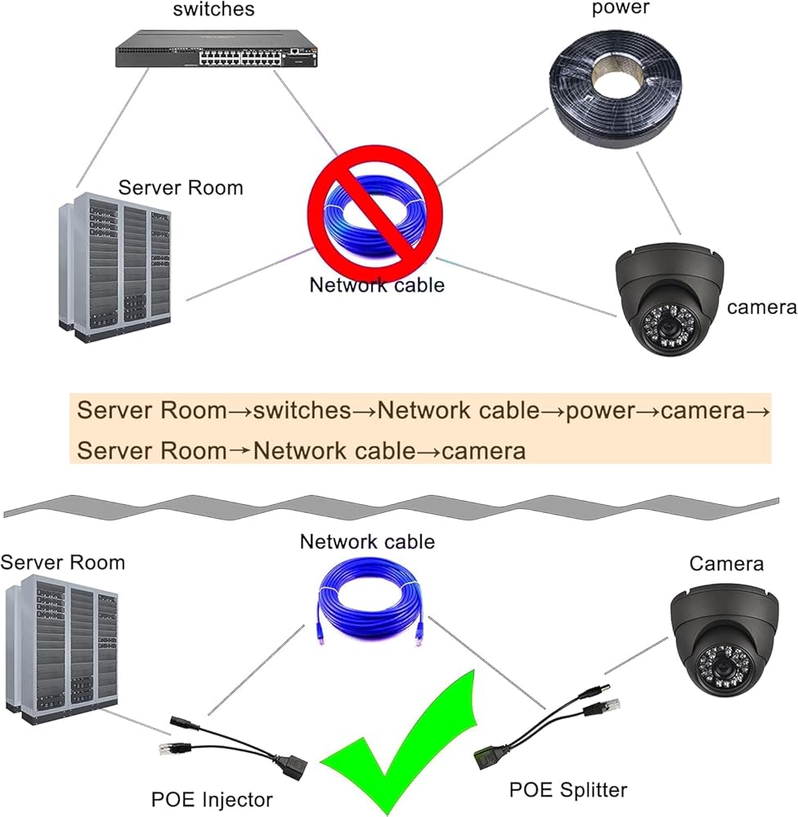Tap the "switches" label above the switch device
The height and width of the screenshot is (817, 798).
214,10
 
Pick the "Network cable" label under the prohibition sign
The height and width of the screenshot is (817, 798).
377,285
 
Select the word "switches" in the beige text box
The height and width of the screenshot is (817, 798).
302,411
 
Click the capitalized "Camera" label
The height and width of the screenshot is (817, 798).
726,564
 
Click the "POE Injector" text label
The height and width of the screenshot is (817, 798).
212,799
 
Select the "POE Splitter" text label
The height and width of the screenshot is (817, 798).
568,789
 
